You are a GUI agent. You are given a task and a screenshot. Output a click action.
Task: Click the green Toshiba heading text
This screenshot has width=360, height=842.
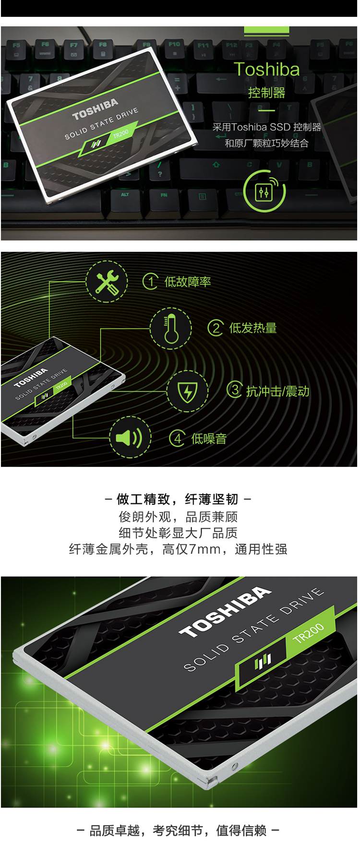click(266, 69)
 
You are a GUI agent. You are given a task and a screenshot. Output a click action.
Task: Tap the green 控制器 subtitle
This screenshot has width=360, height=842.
click(266, 93)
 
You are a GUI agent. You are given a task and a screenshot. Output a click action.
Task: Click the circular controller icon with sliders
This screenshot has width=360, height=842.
click(264, 191)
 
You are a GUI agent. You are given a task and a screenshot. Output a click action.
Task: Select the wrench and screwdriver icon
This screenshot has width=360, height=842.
click(107, 282)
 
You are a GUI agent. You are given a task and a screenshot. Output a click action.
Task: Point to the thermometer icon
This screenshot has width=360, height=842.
click(171, 329)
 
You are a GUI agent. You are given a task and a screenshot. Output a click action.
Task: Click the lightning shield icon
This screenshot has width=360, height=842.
click(187, 391)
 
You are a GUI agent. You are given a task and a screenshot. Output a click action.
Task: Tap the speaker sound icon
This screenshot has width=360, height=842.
click(130, 437)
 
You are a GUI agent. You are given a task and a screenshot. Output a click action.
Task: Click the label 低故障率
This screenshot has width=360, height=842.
click(188, 282)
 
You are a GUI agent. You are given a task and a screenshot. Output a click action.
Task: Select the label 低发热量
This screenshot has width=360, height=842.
click(253, 328)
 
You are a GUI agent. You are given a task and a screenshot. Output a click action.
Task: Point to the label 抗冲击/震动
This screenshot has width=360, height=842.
click(277, 391)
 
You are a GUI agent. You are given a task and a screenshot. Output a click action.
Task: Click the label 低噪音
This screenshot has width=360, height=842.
click(209, 438)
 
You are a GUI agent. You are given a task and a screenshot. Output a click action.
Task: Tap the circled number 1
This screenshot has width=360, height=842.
click(151, 281)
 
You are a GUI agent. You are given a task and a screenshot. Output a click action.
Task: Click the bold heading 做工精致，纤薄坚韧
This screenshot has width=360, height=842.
click(178, 499)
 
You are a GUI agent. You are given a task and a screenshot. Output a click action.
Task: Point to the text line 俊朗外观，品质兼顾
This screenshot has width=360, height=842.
click(178, 517)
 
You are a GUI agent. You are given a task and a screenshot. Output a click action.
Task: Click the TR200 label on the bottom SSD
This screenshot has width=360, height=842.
click(309, 632)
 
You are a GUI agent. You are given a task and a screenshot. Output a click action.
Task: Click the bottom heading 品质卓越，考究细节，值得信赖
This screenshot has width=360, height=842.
click(178, 830)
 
